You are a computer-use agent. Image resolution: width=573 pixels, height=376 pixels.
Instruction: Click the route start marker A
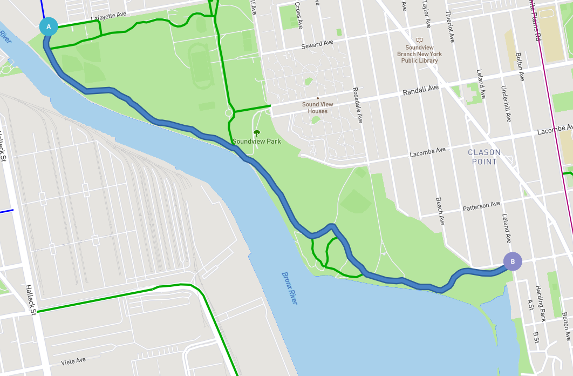[49, 26]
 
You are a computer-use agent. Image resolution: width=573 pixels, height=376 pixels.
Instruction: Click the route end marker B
[513, 262]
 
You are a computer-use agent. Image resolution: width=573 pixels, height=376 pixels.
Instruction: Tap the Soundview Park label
[257, 142]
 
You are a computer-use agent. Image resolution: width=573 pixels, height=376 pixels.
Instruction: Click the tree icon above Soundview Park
[257, 132]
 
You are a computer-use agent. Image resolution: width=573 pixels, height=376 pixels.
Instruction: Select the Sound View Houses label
[317, 108]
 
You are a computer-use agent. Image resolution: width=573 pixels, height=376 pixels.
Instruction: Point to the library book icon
[419, 40]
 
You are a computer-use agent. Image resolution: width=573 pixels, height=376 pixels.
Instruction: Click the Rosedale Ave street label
[357, 105]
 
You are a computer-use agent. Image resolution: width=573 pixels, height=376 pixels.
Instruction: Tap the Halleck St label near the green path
[31, 299]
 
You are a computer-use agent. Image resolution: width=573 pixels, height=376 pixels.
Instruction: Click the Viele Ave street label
[73, 360]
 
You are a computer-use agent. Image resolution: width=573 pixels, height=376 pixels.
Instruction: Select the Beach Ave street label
[440, 211]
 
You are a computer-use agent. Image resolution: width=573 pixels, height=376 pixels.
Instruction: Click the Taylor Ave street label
[426, 14]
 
